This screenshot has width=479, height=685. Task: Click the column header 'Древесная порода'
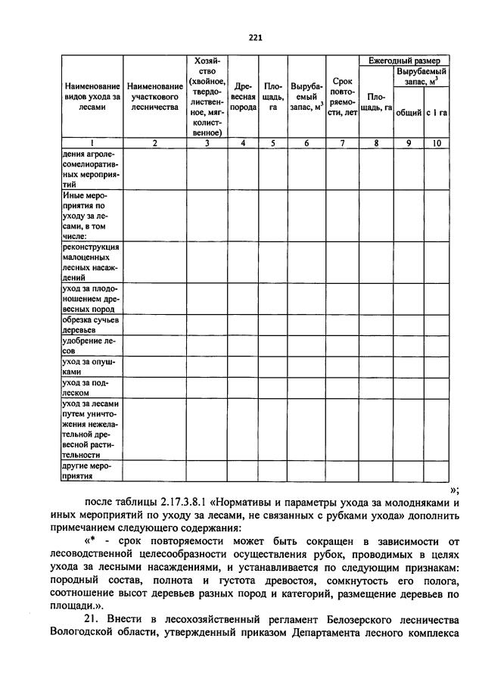(243, 97)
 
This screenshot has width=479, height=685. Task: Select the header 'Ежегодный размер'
(403, 60)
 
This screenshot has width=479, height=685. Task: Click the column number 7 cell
(341, 142)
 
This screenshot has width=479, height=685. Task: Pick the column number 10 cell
(437, 142)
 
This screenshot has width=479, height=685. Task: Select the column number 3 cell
(207, 142)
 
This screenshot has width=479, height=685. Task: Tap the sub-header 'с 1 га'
(437, 113)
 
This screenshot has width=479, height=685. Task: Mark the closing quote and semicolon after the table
(453, 489)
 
